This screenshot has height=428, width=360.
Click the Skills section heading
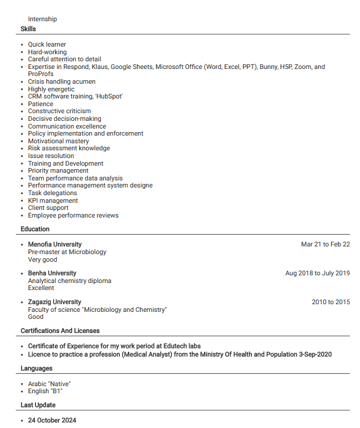(28, 29)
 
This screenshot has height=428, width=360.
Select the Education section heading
(35, 229)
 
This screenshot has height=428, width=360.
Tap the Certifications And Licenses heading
(60, 331)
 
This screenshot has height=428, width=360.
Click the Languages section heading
(37, 368)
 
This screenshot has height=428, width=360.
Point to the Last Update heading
(38, 405)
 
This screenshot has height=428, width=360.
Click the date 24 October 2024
(52, 420)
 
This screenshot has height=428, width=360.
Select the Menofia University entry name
(55, 244)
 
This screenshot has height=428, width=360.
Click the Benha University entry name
(52, 273)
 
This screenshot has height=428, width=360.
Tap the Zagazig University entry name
(54, 302)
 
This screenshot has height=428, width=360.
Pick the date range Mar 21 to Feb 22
(325, 244)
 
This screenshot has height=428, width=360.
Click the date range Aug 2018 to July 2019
(318, 273)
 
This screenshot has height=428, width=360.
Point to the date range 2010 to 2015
(330, 302)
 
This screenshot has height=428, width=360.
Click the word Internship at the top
(42, 19)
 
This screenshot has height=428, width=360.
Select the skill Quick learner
(47, 44)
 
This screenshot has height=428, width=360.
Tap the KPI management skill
(53, 200)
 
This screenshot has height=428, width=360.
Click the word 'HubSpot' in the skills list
(108, 96)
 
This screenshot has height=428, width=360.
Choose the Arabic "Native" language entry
(49, 384)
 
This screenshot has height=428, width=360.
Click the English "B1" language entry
(45, 391)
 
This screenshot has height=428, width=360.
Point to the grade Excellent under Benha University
(41, 288)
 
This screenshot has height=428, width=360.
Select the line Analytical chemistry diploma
(70, 281)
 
